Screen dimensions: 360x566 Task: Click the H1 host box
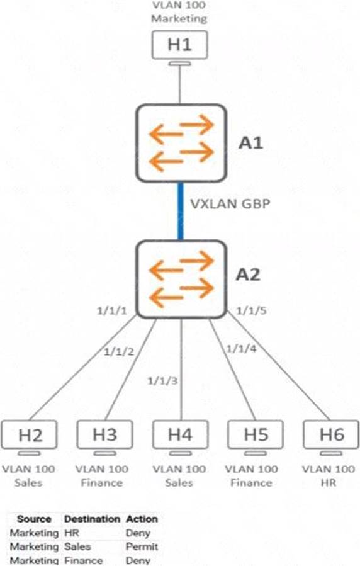[179, 45]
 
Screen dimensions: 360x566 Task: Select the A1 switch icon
[181, 143]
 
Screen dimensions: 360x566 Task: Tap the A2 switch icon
[181, 279]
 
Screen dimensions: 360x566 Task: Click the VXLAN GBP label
[230, 203]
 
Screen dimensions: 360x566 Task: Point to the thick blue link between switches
[181, 211]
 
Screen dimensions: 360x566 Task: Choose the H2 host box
[29, 434]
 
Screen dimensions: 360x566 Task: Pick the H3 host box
[104, 434]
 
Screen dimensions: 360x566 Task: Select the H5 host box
[256, 434]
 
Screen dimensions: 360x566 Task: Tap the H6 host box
[331, 434]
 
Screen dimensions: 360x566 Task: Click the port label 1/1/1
[112, 310]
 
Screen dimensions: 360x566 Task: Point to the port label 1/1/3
[162, 380]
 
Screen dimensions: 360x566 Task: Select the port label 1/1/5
[251, 310]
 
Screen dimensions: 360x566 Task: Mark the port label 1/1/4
[241, 349]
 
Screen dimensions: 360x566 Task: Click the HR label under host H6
[329, 483]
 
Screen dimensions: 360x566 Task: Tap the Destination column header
[92, 519]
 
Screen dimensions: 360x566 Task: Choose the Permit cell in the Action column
[142, 546]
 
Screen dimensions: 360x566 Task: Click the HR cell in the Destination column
[71, 533]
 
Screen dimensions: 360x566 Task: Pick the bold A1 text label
[250, 144]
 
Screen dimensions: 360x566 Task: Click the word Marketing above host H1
[179, 18]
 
